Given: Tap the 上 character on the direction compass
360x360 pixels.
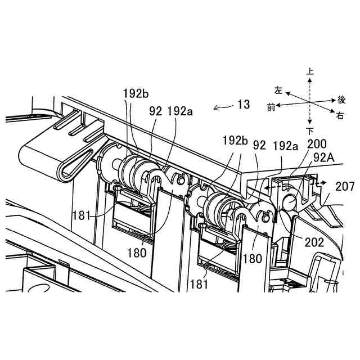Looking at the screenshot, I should pos(310,71).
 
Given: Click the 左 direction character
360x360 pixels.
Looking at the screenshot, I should pos(278,90).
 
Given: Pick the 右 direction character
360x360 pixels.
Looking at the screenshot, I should pos(340,116).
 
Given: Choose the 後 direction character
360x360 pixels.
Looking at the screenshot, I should pos(341,100).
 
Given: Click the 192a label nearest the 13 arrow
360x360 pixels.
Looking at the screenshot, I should pos(180,111).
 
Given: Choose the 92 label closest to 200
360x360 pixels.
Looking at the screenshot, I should pos(259,145).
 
